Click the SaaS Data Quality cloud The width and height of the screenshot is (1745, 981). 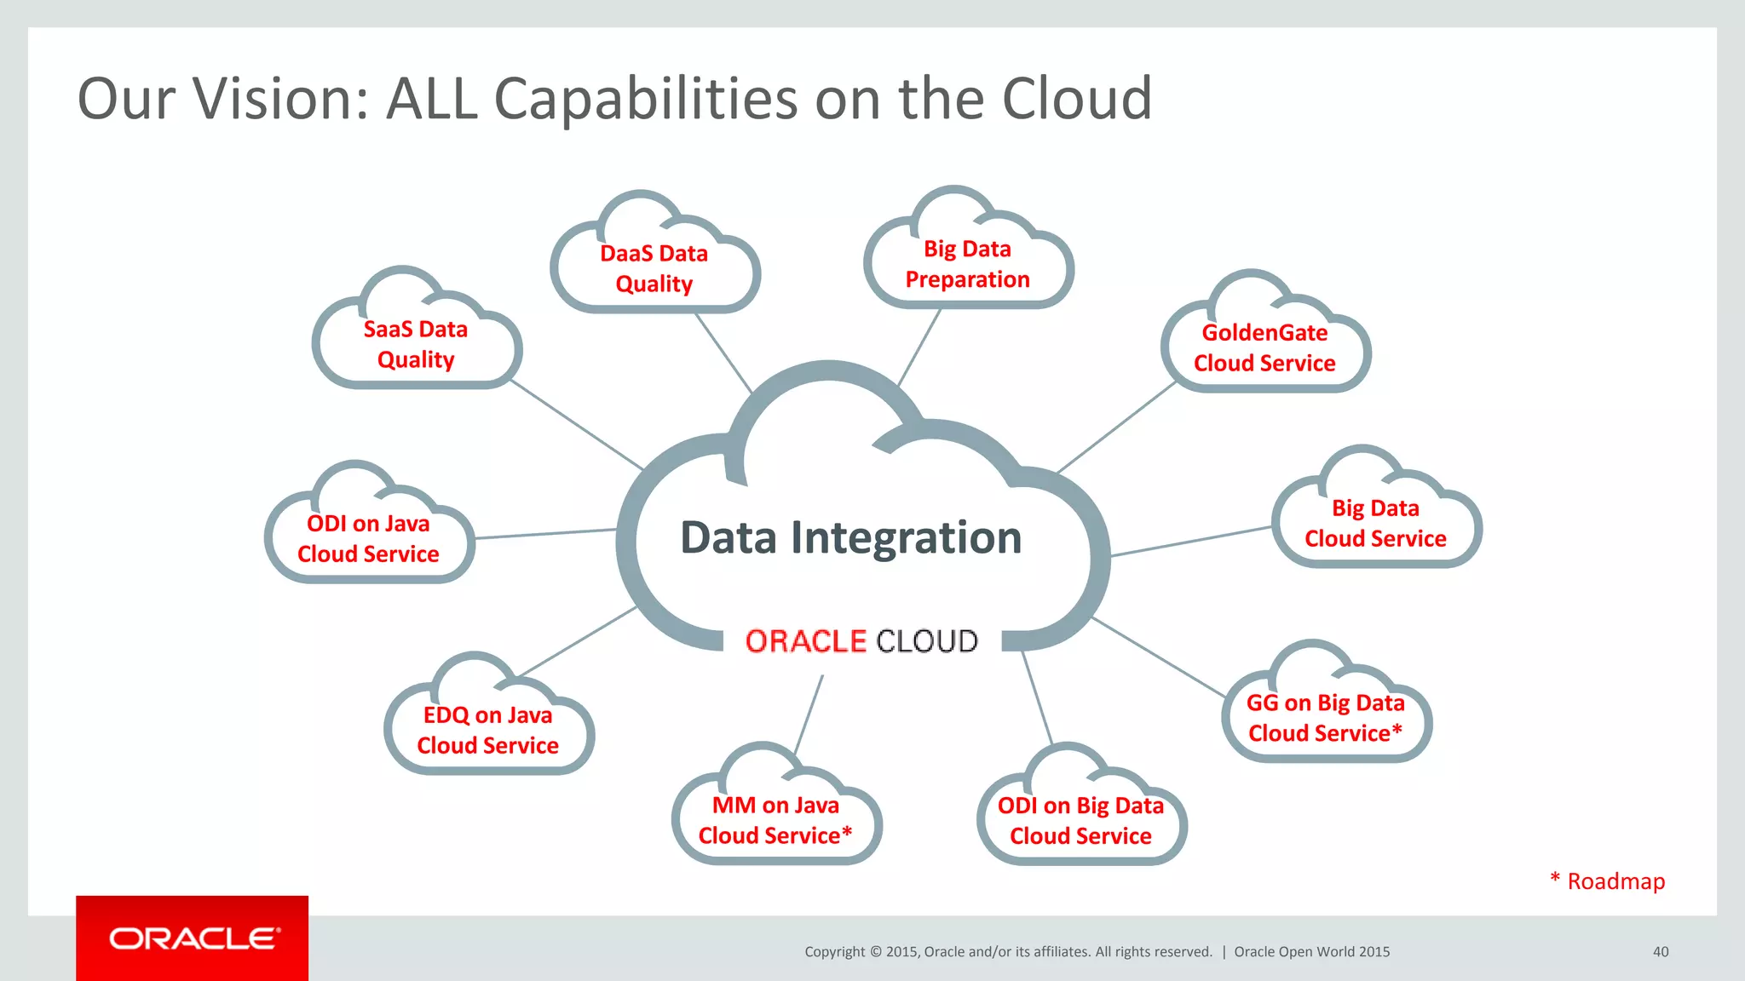416,345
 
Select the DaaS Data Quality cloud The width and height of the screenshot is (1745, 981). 654,269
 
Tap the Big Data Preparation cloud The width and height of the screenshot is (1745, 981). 968,264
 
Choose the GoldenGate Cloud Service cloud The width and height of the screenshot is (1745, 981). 1264,348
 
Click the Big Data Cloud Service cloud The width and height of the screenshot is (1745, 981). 1375,524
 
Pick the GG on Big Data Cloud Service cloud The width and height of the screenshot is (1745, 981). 1326,718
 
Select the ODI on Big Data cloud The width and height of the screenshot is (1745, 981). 1080,821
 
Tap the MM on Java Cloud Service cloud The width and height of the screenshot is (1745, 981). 775,820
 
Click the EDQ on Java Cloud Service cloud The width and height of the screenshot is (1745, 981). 487,731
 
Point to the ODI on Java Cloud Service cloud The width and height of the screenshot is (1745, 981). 368,539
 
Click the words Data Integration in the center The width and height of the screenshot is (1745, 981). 850,538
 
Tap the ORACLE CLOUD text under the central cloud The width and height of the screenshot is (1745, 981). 861,641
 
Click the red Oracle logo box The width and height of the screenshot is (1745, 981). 193,938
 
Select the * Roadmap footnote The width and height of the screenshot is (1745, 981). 1608,881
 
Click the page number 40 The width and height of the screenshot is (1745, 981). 1661,952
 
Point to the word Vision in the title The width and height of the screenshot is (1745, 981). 280,99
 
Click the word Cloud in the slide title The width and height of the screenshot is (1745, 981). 1076,99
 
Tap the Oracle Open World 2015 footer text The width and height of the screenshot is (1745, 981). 1311,952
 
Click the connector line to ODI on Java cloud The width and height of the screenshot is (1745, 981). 545,534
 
